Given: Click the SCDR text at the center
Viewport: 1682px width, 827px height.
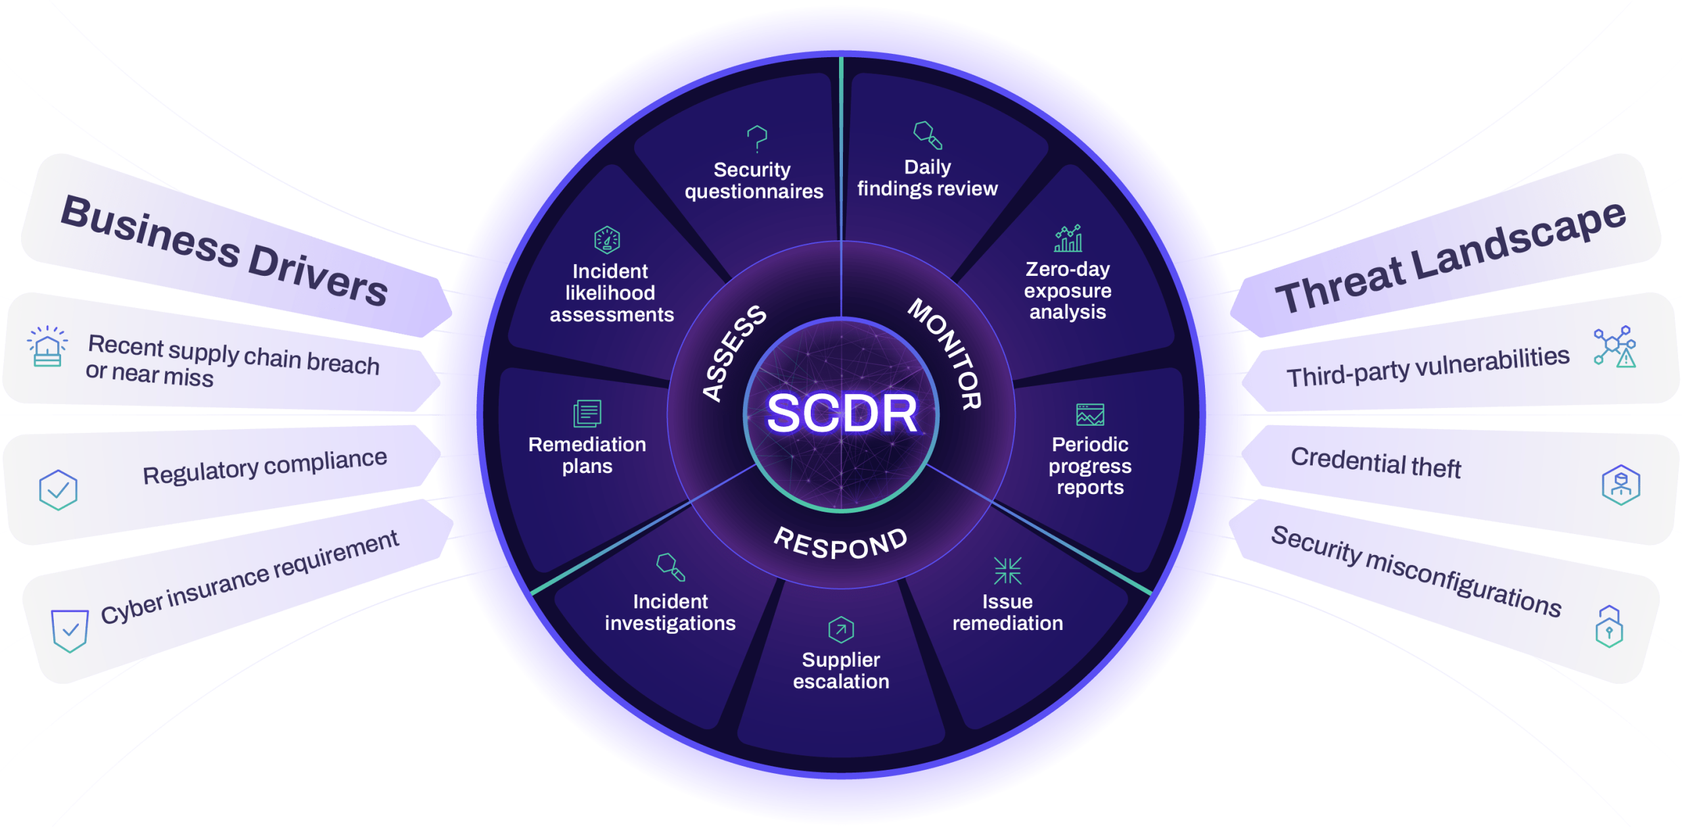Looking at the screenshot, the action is [x=842, y=413].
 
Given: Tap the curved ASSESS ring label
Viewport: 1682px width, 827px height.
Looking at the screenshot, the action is [x=733, y=352].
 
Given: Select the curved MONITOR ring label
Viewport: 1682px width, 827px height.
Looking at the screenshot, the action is [x=946, y=353].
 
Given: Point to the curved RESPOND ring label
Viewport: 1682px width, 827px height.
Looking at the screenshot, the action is [x=841, y=544].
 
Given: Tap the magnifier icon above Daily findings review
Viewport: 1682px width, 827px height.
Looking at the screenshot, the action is [x=928, y=135].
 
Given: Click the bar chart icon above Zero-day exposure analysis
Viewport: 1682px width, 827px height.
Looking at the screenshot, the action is [x=1068, y=238].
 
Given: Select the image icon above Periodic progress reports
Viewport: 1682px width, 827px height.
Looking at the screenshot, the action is [x=1090, y=414].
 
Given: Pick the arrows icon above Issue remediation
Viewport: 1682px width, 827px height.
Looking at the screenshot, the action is [x=1007, y=570].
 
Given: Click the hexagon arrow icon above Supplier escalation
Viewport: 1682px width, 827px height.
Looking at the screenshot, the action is [x=841, y=629].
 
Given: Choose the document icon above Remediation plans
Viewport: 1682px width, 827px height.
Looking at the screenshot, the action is [x=587, y=413].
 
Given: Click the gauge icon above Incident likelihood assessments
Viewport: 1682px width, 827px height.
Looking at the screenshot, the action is [x=607, y=240].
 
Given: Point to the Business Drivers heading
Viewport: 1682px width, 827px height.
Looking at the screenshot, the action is [x=224, y=250].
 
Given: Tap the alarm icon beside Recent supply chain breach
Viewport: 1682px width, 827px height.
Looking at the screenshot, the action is [x=47, y=346].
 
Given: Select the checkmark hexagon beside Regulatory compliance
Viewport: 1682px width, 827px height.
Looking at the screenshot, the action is [x=58, y=489].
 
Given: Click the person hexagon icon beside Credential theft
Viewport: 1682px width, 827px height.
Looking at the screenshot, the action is [x=1621, y=485].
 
